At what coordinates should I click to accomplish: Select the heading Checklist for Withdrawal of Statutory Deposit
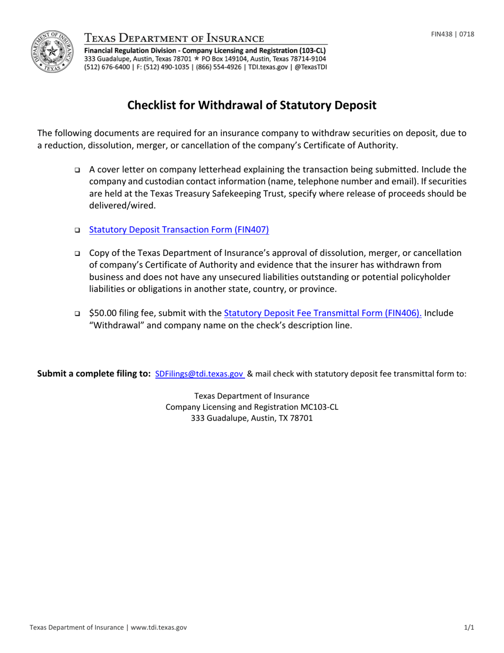click(x=252, y=105)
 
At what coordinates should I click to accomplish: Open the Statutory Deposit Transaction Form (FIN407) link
click(x=179, y=230)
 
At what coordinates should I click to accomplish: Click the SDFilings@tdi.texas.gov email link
click(x=199, y=374)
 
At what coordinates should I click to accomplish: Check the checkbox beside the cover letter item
click(x=77, y=170)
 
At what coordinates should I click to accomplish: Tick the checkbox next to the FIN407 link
click(x=77, y=230)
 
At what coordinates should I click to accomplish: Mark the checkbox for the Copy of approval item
click(x=77, y=254)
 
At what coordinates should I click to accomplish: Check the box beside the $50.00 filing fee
click(x=77, y=314)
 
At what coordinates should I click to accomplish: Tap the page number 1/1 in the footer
click(x=469, y=628)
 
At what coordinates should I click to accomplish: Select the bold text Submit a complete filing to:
click(x=94, y=374)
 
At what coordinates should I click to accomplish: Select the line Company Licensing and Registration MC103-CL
click(x=252, y=407)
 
